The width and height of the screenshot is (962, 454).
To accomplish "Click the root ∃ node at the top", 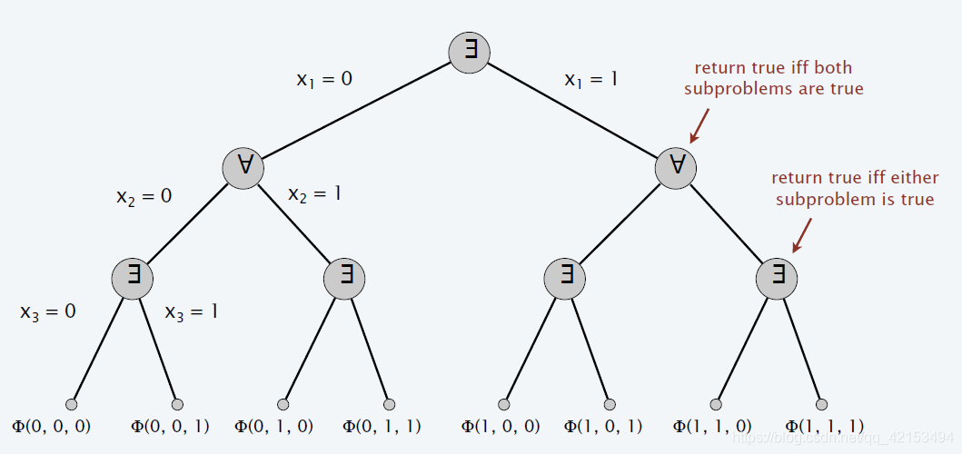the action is click(x=470, y=51).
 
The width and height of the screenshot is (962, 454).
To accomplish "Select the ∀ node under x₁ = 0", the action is click(x=243, y=168).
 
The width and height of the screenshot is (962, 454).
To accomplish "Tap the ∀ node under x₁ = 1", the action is click(x=676, y=168).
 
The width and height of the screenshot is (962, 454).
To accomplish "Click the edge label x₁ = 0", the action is click(x=324, y=79).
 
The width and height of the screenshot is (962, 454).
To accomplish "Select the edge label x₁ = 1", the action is click(x=591, y=80).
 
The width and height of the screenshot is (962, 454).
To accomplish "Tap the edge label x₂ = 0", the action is click(x=144, y=195).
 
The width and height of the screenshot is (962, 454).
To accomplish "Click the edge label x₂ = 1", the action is click(x=314, y=193).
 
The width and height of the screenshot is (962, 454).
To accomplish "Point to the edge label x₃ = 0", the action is click(x=48, y=311).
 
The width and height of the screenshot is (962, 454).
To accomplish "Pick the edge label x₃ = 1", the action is click(x=191, y=311).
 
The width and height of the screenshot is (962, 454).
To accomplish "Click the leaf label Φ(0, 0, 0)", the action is click(x=51, y=426).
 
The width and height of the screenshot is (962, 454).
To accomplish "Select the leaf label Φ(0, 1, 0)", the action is click(x=273, y=426).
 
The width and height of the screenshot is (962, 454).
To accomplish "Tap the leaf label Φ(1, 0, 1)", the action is click(x=603, y=426).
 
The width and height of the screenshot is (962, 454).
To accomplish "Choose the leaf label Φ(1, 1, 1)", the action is click(x=824, y=426).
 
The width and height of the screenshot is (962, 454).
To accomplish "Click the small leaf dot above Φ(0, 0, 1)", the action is click(x=177, y=404).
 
